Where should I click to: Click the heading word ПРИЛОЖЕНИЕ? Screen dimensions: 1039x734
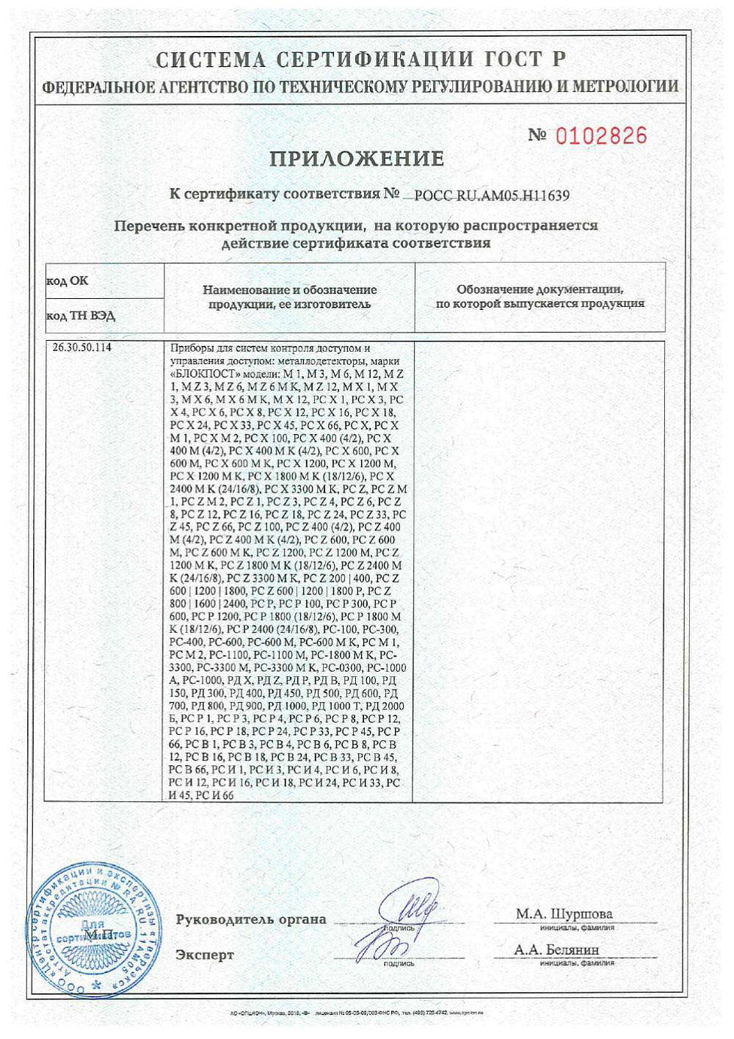[357, 159]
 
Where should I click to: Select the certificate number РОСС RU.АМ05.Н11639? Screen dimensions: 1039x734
[492, 196]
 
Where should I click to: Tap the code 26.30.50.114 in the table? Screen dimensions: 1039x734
[83, 348]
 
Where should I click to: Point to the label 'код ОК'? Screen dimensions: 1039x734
[68, 281]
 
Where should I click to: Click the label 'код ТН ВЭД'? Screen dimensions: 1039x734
[81, 316]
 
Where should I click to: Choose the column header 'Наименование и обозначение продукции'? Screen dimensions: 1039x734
[289, 297]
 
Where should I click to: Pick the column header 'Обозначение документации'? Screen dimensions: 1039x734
[540, 297]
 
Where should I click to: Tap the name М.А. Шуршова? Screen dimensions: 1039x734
[564, 914]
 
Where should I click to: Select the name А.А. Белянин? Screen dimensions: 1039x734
[556, 950]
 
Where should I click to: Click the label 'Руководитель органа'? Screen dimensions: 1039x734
[251, 919]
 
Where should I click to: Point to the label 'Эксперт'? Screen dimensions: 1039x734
[205, 955]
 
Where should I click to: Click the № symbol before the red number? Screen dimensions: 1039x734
[538, 136]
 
